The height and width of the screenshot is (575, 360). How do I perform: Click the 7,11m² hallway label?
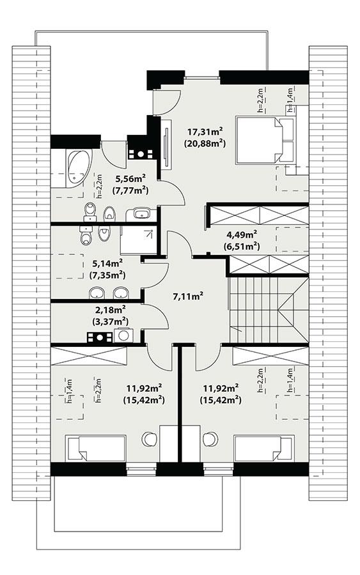click(x=188, y=296)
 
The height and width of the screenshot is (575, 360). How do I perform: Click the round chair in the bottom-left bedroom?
click(x=149, y=439)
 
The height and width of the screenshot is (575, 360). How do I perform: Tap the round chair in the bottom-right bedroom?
click(x=209, y=439)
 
